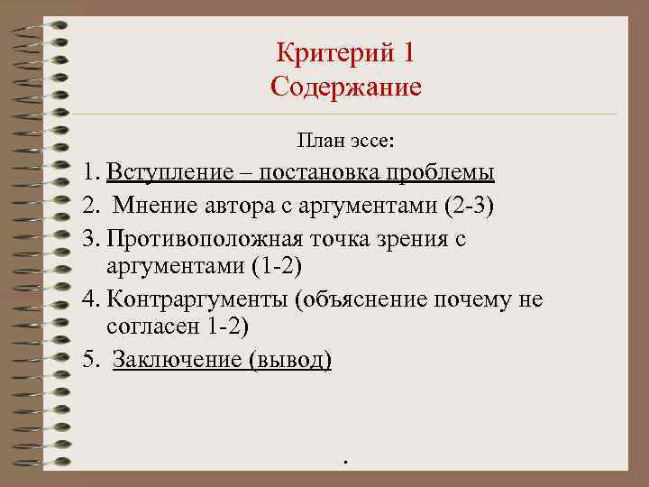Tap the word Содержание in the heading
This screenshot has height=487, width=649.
(x=345, y=88)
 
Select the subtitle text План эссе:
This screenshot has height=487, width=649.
(x=351, y=142)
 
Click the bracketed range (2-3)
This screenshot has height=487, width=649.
(x=470, y=207)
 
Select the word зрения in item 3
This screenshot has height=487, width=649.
(x=416, y=240)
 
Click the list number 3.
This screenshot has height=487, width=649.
(x=87, y=240)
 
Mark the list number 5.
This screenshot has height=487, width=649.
(x=88, y=360)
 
